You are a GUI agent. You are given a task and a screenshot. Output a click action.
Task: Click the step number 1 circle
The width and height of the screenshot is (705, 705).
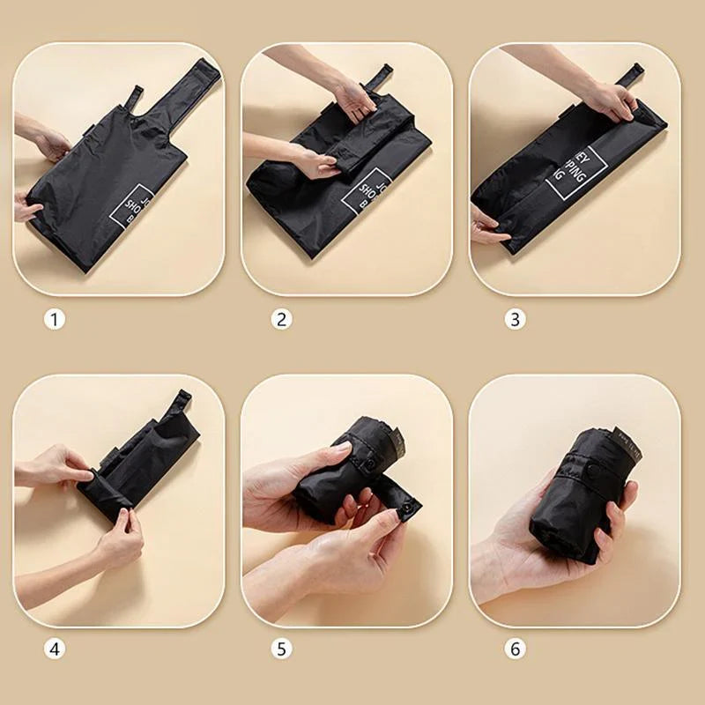(55, 319)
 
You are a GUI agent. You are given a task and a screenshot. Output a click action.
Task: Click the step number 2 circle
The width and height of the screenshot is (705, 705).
(281, 319)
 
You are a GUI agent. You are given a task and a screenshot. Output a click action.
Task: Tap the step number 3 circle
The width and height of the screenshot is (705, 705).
(516, 319)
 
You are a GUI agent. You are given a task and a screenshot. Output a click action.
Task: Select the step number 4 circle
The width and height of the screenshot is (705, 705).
(55, 650)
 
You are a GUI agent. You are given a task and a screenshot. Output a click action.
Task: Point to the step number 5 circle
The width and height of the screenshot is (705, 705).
(281, 650)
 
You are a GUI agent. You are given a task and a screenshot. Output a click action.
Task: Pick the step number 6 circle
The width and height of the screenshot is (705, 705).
(516, 650)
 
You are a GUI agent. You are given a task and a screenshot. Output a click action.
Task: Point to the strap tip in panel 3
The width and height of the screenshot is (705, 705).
(629, 73)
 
